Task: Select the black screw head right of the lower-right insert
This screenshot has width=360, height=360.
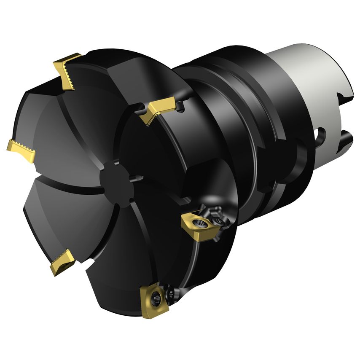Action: coord(218,220)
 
